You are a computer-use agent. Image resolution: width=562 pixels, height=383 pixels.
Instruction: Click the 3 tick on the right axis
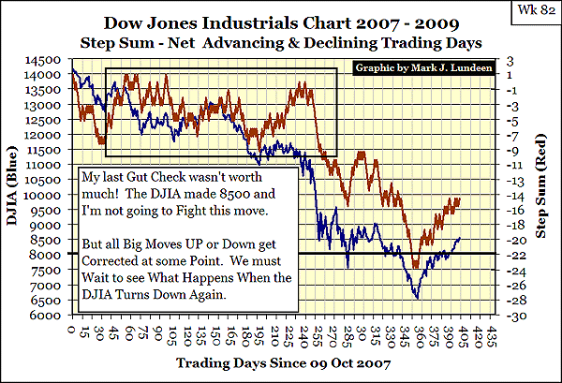512,61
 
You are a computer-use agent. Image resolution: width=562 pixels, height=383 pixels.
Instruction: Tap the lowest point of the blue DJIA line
416,299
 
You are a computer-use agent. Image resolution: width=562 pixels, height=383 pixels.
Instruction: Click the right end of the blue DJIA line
460,239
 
